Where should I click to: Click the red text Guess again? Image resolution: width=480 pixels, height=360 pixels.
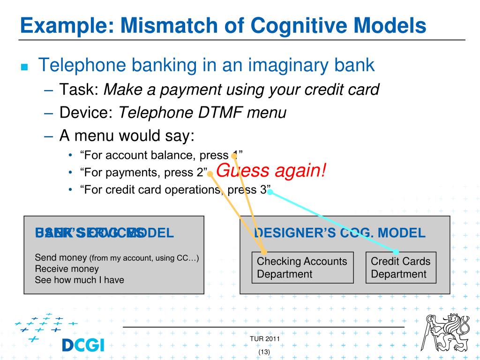[x=271, y=170]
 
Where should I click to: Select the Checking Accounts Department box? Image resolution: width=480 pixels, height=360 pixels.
[x=302, y=268]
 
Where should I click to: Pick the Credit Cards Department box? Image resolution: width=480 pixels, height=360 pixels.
[x=400, y=268]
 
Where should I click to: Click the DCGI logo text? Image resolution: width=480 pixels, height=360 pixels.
[x=83, y=345]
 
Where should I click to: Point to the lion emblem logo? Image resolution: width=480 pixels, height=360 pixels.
[x=447, y=334]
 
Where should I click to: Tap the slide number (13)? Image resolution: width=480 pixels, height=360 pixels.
[x=264, y=352]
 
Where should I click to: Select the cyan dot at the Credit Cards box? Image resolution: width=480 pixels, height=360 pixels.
[x=396, y=252]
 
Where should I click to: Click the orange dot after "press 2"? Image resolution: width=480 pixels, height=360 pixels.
[x=210, y=173]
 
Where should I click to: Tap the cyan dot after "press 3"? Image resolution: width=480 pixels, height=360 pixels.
[x=270, y=192]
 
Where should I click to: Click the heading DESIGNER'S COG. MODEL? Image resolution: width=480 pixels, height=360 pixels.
[x=340, y=233]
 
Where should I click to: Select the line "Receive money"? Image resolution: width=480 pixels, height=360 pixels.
[x=67, y=269]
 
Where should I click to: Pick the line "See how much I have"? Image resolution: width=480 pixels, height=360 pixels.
[x=79, y=280]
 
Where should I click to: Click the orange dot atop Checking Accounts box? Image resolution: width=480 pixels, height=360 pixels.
[x=264, y=252]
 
